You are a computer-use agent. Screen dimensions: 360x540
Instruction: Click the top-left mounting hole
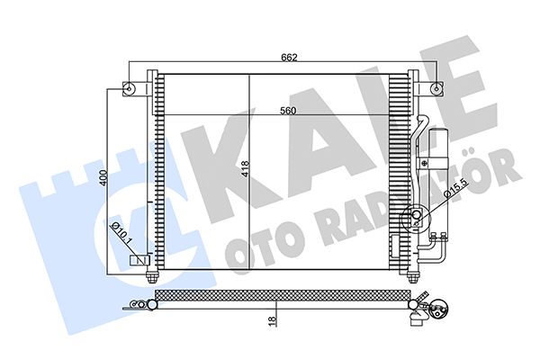pos(129,88)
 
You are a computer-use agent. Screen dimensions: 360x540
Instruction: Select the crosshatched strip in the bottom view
pos(283,294)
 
